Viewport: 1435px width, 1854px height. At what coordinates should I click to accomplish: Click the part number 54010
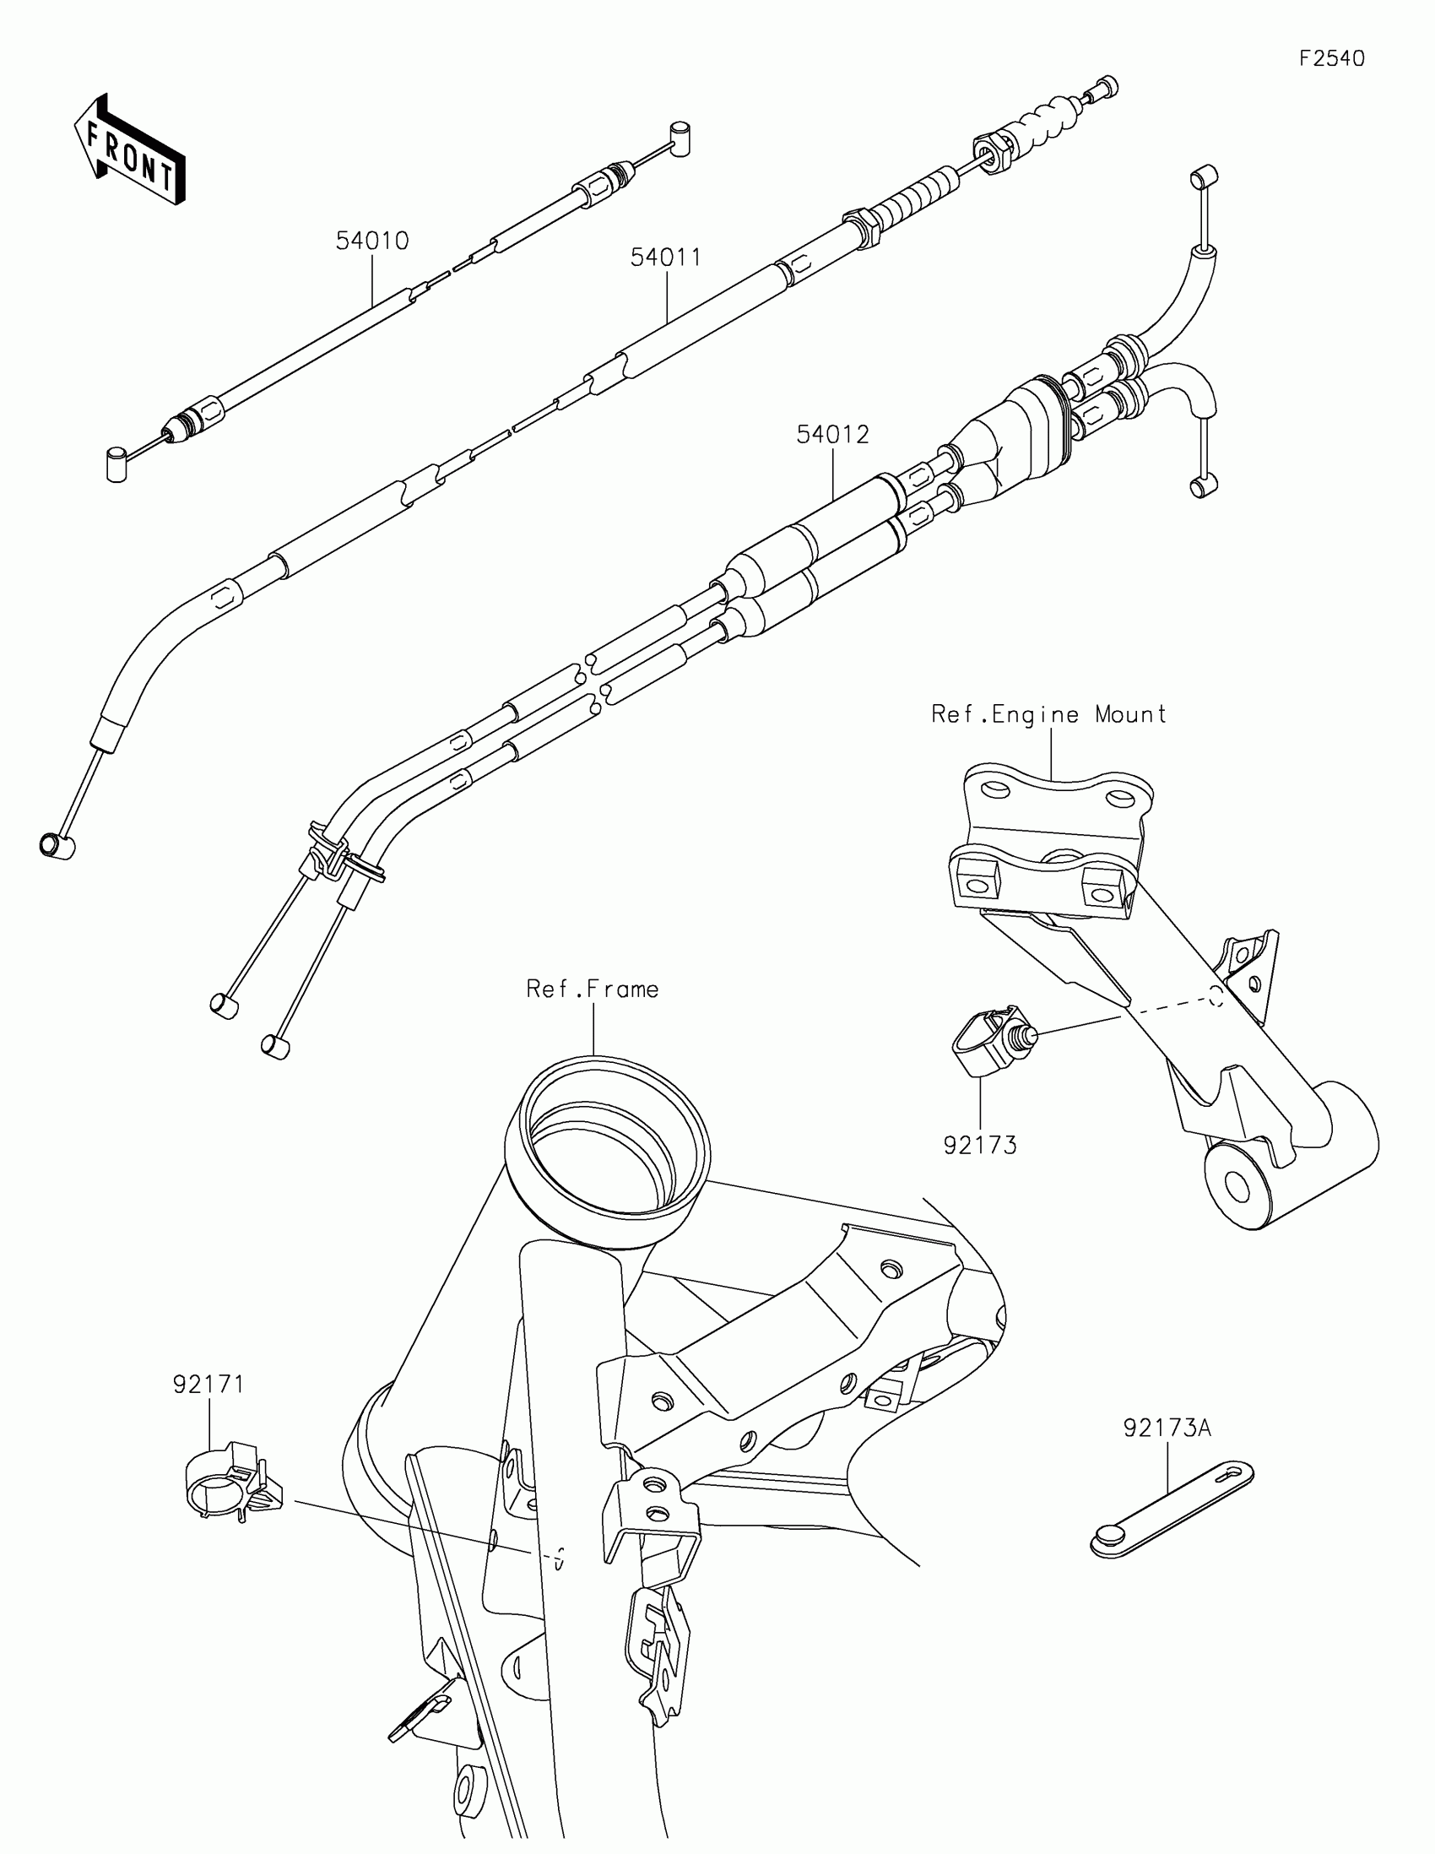pyautogui.click(x=371, y=241)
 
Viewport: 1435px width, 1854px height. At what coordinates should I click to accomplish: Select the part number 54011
pyautogui.click(x=666, y=257)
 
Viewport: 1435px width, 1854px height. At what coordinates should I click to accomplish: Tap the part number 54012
pyautogui.click(x=832, y=435)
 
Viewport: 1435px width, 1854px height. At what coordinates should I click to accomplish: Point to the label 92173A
pyautogui.click(x=1167, y=1428)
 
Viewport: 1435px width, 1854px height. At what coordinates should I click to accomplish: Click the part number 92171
pyautogui.click(x=208, y=1384)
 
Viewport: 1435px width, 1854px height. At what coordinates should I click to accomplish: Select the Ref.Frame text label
pyautogui.click(x=593, y=989)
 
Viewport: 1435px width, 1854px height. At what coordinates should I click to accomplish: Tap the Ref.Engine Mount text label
pyautogui.click(x=1049, y=714)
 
